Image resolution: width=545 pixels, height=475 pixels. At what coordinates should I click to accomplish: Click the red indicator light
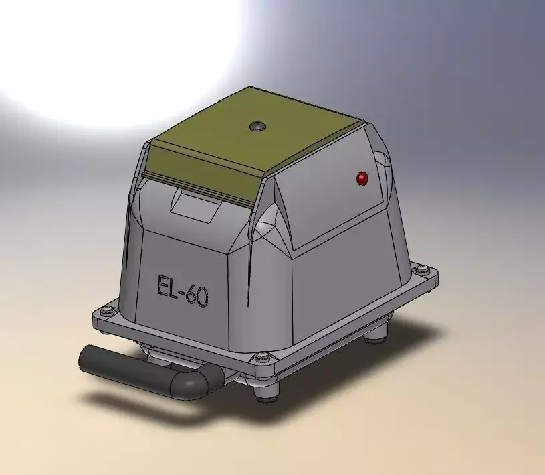pyautogui.click(x=362, y=178)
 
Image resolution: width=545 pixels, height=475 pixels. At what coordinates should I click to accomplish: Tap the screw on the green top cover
pyautogui.click(x=255, y=125)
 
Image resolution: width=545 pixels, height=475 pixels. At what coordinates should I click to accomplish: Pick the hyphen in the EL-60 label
pyautogui.click(x=183, y=292)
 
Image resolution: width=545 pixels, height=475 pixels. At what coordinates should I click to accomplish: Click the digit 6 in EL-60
pyautogui.click(x=191, y=295)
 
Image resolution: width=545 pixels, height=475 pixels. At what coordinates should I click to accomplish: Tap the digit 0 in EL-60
pyautogui.click(x=201, y=297)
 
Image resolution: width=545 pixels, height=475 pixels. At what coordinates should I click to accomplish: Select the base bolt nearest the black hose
pyautogui.click(x=105, y=310)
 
